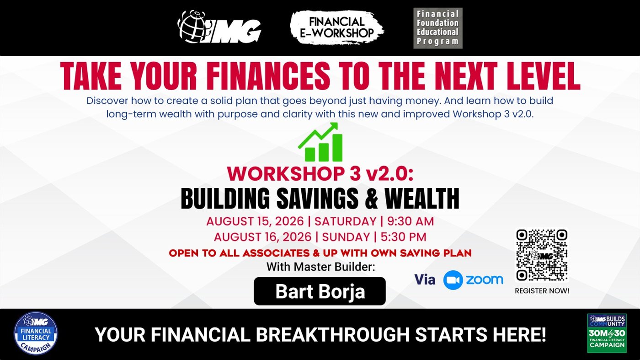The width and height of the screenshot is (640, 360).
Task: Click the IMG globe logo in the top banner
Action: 219,27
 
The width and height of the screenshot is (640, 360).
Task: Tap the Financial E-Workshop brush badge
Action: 337,28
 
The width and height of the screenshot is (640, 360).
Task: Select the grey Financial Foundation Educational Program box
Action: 438,28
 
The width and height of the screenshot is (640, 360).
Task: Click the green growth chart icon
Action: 320,142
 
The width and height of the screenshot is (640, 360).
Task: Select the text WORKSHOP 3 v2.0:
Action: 320,173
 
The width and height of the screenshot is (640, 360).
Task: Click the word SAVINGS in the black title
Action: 317,198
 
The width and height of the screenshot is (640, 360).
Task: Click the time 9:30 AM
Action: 411,221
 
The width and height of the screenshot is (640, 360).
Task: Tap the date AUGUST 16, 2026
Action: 262,237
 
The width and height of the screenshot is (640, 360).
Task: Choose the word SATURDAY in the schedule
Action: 345,221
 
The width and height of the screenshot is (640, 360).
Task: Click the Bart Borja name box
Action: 320,291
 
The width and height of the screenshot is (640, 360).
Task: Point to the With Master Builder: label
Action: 320,267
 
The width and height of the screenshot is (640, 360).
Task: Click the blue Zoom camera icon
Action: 453,280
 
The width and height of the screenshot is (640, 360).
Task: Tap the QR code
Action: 542,255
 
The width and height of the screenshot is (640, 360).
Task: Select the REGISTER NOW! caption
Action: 542,291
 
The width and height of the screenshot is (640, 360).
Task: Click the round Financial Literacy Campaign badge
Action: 36,333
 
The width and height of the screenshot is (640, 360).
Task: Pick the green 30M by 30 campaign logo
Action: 607,333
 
